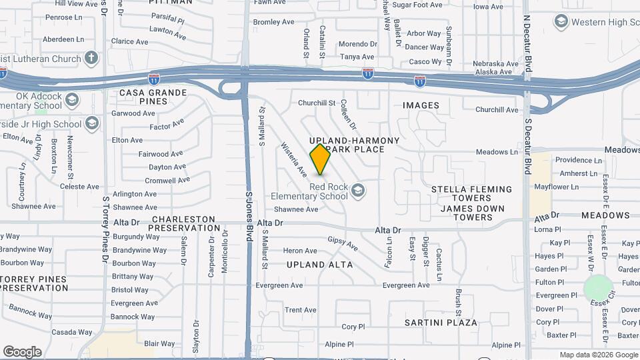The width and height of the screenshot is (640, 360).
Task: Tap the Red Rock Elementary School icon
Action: point(359,191)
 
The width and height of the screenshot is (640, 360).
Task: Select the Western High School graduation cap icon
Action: point(561,23)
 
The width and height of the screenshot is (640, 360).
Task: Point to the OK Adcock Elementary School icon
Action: point(72,101)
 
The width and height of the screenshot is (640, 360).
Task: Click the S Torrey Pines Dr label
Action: point(105,229)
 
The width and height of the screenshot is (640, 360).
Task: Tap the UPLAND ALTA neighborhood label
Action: point(320,265)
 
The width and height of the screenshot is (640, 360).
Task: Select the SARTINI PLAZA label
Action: point(441,323)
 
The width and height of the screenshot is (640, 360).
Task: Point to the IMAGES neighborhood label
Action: point(421,105)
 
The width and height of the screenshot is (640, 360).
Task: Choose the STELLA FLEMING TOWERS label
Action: point(471,193)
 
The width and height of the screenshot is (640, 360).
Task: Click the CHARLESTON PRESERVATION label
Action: point(183,223)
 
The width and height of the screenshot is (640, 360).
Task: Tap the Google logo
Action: point(22,351)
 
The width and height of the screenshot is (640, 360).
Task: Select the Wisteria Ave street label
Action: point(293,160)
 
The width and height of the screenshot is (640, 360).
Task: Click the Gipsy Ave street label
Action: point(343,244)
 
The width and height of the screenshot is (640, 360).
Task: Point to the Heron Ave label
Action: point(300,251)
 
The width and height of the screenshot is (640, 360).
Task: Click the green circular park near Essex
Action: point(598,288)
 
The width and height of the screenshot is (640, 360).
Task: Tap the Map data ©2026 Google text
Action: point(598,355)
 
